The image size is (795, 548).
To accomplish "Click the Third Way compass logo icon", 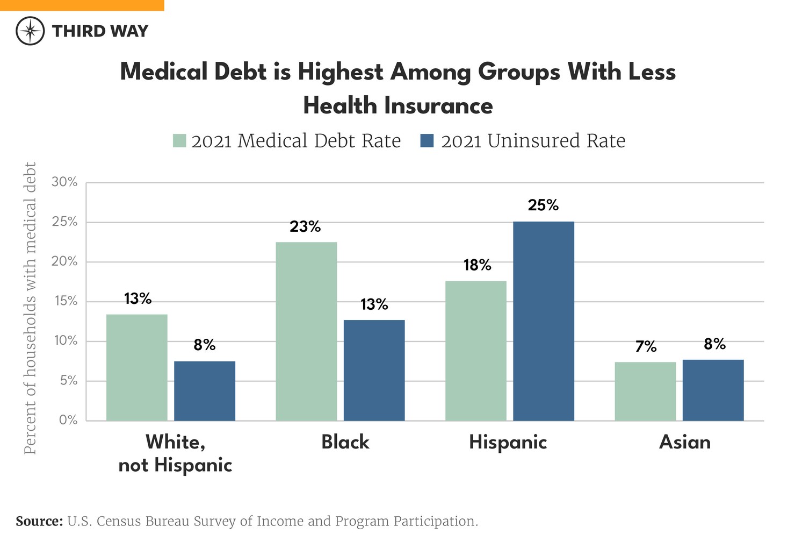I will [30, 31].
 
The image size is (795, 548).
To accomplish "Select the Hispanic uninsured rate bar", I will [543, 321].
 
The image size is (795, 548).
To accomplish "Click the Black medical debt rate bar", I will [306, 331].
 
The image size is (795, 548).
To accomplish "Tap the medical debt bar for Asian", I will [645, 392].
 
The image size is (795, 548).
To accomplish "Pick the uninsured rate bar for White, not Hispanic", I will [205, 391].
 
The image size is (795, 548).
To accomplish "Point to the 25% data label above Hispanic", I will [543, 205].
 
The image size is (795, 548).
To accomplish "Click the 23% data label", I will [305, 227].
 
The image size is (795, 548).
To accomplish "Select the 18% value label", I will [477, 265].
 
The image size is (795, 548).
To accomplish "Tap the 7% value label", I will [646, 347].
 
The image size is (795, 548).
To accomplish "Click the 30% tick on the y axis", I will [64, 182].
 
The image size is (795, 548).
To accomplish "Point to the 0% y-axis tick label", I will [68, 420].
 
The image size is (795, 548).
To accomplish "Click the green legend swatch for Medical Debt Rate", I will [179, 141].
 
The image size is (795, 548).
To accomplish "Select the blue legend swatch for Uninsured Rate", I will [427, 141].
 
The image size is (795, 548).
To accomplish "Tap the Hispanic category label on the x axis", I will [508, 442].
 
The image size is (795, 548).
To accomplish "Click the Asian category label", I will [684, 442].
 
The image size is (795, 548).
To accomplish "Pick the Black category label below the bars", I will [345, 442].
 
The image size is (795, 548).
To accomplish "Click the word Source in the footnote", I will [39, 521].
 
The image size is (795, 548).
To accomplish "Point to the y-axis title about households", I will [30, 308].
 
